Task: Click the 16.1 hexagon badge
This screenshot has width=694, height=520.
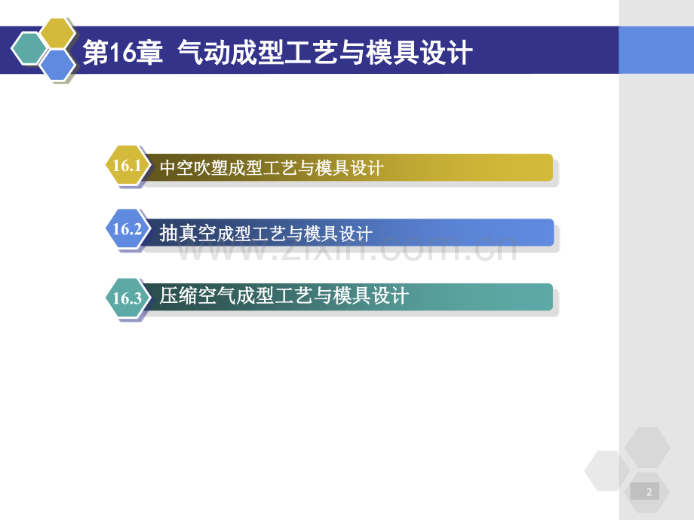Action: [x=127, y=166]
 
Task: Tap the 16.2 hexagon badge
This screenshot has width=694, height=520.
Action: [x=127, y=230]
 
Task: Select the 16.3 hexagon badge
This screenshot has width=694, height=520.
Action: [x=127, y=298]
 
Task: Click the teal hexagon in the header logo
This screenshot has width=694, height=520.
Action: [x=29, y=50]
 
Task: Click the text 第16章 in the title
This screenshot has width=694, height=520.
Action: [x=122, y=54]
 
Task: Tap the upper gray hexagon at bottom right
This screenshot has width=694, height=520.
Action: [x=647, y=448]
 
